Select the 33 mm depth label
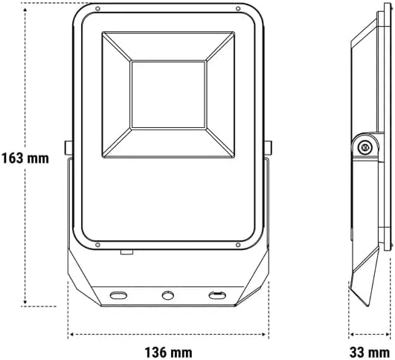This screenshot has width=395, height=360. [370, 349]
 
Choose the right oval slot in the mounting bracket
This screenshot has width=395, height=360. [216, 295]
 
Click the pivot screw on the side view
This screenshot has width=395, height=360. [364, 147]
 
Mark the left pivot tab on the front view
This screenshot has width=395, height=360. [68, 149]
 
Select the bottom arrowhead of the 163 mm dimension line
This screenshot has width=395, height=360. [26, 303]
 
